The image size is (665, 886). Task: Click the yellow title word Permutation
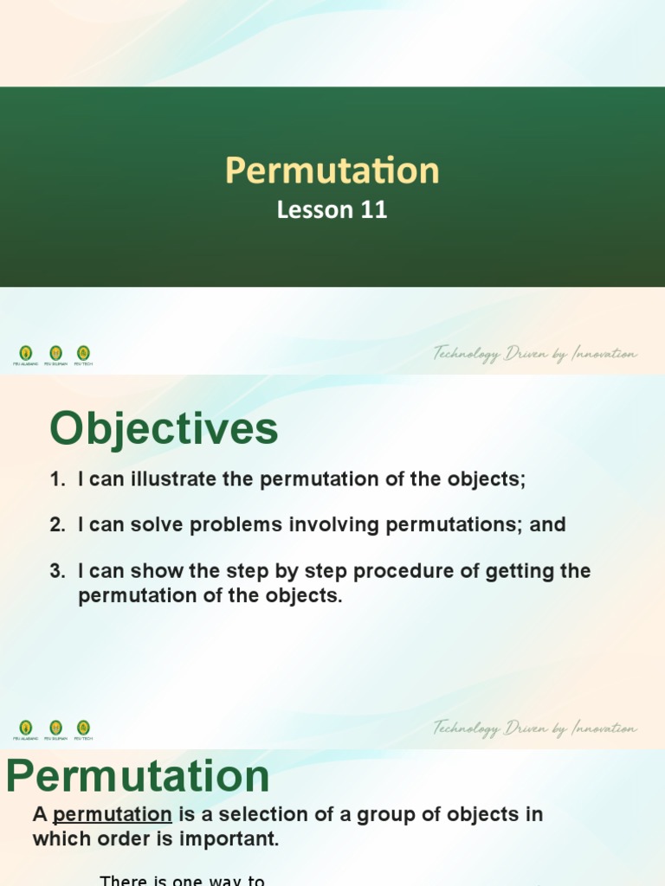332,170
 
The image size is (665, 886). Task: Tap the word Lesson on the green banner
315,210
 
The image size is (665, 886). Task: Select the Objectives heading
164,429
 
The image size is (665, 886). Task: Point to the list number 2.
56,525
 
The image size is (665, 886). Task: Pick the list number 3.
56,571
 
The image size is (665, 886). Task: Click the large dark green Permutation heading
138,776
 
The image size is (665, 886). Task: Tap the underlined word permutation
113,815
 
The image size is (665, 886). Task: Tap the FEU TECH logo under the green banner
83,354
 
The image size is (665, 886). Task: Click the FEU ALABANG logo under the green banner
26,354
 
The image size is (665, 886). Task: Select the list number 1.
56,479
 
